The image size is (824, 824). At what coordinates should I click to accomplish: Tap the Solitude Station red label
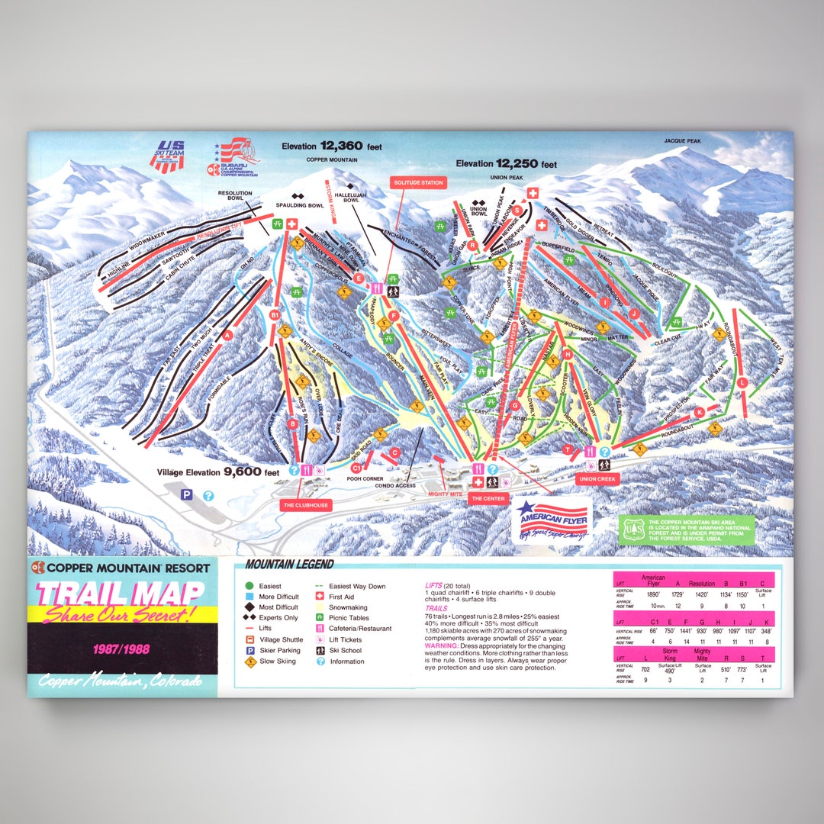click(x=417, y=182)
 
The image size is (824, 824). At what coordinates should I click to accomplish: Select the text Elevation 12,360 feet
click(x=331, y=146)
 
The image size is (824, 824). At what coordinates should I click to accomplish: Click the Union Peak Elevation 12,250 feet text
click(x=506, y=164)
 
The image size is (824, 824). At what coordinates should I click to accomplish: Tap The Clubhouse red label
click(x=307, y=505)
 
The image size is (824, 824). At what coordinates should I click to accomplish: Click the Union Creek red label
click(x=598, y=479)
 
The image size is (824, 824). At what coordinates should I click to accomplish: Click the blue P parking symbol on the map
click(x=185, y=495)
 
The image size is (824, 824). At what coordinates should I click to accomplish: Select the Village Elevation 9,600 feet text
click(x=218, y=472)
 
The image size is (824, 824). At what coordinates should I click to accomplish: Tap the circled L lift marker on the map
click(x=742, y=382)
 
